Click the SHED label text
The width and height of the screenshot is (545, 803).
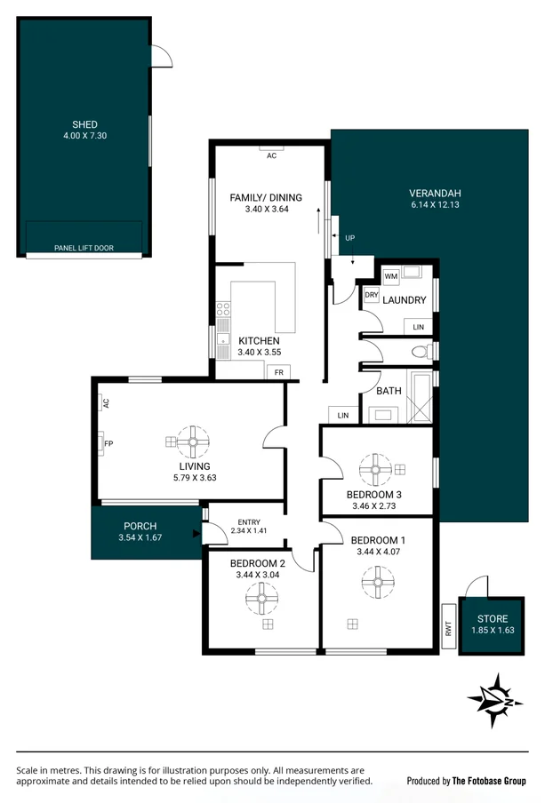pos(84,124)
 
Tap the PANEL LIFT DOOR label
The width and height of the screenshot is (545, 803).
pos(84,249)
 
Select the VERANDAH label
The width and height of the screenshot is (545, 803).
pos(435,193)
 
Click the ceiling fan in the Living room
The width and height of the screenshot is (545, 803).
pos(193,441)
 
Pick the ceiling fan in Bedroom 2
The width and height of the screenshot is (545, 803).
pos(262,600)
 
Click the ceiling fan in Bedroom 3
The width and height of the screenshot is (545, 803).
pos(374,468)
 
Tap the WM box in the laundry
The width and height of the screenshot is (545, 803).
pos(391,276)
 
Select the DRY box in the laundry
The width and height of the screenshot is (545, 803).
pos(372,295)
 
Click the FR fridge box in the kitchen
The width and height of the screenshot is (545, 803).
pos(278,372)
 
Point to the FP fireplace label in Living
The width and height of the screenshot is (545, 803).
pos(108,443)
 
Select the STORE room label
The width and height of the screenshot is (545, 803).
pos(492,618)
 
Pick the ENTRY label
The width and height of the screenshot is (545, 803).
pos(247,521)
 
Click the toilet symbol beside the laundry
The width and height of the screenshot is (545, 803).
pos(421,351)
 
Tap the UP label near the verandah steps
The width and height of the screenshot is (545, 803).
pos(349,239)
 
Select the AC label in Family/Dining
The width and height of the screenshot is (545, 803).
pos(271,155)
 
